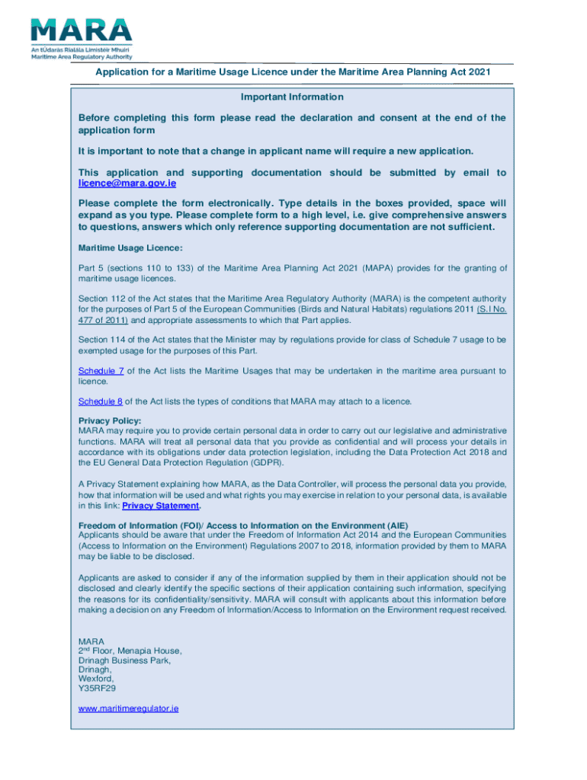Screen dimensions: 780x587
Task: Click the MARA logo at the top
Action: tap(81, 38)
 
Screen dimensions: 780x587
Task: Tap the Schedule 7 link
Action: tap(101, 371)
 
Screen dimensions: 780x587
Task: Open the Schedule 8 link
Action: tap(100, 401)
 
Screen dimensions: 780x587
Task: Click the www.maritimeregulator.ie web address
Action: tap(128, 708)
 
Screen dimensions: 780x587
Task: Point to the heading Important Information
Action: tap(292, 97)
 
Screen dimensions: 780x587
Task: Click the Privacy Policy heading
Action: tap(110, 421)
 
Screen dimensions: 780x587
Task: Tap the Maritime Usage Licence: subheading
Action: tap(130, 248)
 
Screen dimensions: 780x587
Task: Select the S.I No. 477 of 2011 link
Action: tap(492, 311)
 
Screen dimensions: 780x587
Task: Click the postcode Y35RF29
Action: tap(97, 688)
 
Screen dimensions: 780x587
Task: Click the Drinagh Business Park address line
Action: tap(124, 660)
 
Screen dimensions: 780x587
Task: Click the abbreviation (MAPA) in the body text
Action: tap(377, 267)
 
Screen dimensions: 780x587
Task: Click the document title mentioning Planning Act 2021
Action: tap(293, 72)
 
